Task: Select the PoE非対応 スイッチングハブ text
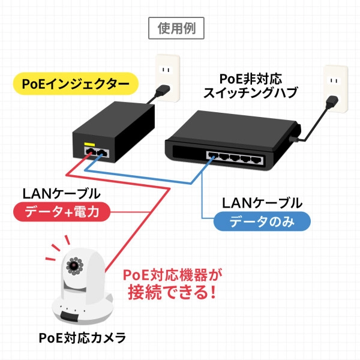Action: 251,86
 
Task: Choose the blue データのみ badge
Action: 262,222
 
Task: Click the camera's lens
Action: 74,265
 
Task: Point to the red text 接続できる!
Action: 173,293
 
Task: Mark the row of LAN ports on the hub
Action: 237,160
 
